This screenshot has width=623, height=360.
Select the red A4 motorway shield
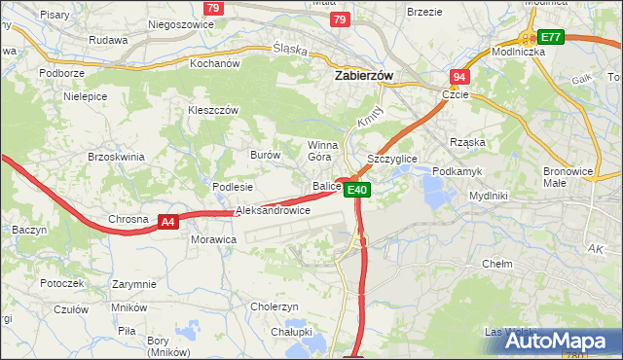168,222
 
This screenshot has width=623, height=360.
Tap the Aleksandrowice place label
273,210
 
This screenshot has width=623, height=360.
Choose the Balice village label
326,185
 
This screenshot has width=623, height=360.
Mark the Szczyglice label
391,158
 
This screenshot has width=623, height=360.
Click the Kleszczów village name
212,111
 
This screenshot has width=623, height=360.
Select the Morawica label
213,238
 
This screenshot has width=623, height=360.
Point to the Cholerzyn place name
274,306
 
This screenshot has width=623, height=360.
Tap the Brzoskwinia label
116,157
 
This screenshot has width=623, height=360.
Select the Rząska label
467,142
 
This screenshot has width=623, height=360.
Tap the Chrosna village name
128,220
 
